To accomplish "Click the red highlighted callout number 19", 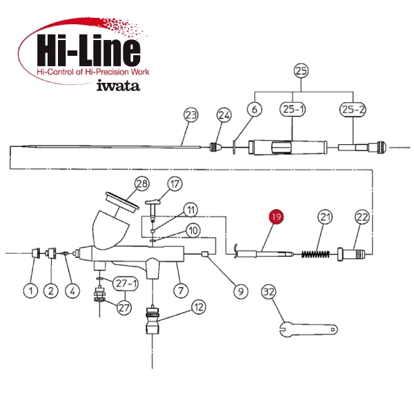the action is (276, 217).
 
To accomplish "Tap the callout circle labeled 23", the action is (191, 115).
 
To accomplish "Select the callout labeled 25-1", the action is (293, 109).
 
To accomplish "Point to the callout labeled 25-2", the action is (353, 109).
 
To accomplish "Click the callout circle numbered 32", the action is (269, 292).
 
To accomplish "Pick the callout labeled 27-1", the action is (126, 284).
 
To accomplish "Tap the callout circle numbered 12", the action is (199, 307).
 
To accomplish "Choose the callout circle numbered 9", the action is (241, 291).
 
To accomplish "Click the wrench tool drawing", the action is (308, 328).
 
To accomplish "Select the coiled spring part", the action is (315, 254).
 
